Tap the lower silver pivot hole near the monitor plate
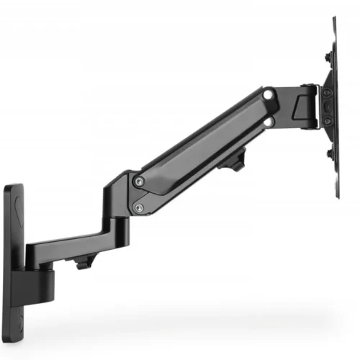pos(268,122)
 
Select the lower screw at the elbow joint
pos(139,208)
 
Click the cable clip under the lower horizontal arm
pos(84,264)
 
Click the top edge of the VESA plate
pos(335,20)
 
